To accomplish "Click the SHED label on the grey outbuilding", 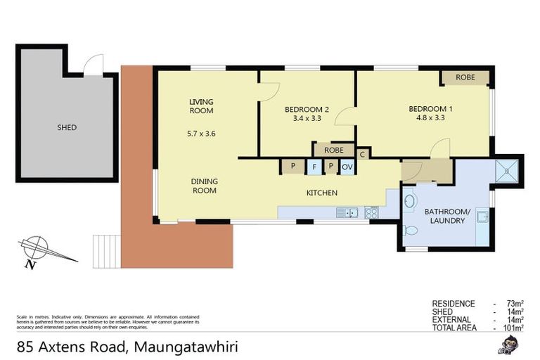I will pos(67,128).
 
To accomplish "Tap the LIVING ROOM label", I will pos(201,106).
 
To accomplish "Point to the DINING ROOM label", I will pos(204,186).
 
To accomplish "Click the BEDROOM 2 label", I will pos(307,109).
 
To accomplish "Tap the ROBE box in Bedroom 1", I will pos(465,77).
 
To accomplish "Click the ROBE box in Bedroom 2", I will pos(334,150).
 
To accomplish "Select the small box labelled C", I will pos(362,154).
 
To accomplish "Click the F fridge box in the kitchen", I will pos(314,167).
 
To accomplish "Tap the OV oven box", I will pos(347,167).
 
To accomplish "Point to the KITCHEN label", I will pos(321,193).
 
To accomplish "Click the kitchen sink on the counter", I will pos(347,212).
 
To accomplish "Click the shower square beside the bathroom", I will pos(506,169).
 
